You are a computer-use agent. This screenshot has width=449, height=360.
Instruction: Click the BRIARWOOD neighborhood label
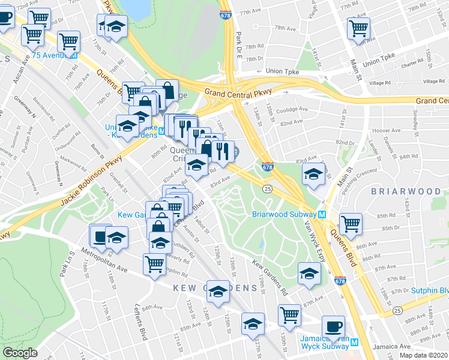point(409,191)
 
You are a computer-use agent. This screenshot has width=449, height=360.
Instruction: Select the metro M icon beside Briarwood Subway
point(322,214)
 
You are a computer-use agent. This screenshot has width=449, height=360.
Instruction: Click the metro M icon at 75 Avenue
point(74,55)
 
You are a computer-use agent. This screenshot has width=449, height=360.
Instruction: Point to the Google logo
point(20,353)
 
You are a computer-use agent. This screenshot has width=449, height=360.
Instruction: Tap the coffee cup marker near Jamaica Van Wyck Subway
point(333,328)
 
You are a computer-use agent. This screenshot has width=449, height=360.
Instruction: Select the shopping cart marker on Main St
point(358,28)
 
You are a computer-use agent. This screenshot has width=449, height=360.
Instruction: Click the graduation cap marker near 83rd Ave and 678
point(313,175)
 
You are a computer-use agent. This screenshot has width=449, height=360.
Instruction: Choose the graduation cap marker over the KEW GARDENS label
point(218,292)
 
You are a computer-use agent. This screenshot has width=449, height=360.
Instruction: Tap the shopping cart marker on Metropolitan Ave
point(155,263)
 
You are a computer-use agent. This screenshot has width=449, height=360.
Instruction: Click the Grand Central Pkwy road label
point(238,92)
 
